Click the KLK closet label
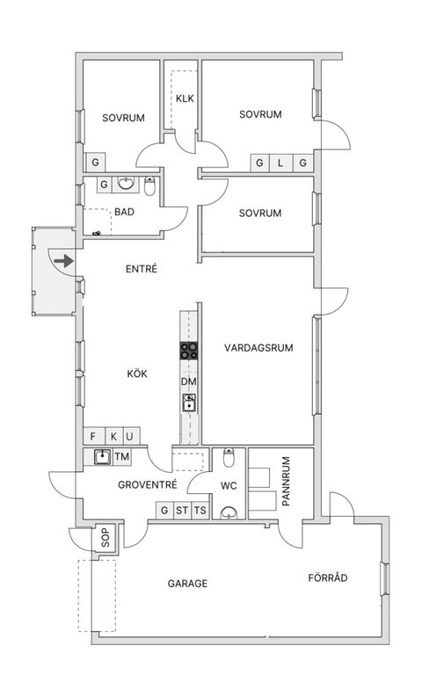pyautogui.click(x=185, y=98)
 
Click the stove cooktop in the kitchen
pyautogui.click(x=189, y=351)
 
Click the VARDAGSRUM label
pyautogui.click(x=258, y=348)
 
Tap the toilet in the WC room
pyautogui.click(x=229, y=459)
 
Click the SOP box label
pyautogui.click(x=105, y=538)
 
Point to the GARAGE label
pyautogui.click(x=187, y=583)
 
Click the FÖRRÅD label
pyautogui.click(x=328, y=578)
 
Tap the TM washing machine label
pyautogui.click(x=121, y=456)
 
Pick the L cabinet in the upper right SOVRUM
pyautogui.click(x=280, y=163)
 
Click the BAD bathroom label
pyautogui.click(x=124, y=212)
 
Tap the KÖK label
pyautogui.click(x=137, y=374)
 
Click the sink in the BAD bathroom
pyautogui.click(x=127, y=185)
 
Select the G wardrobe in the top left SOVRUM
pyautogui.click(x=94, y=163)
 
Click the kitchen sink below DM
pyautogui.click(x=189, y=403)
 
